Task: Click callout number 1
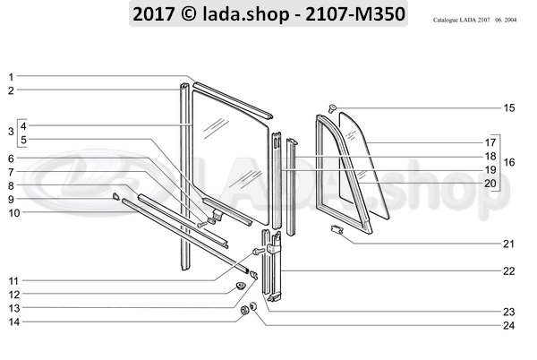click(11, 77)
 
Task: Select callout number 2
click(11, 90)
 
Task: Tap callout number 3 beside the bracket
click(10, 132)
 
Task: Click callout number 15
click(509, 108)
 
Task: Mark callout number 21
click(509, 244)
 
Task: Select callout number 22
click(509, 270)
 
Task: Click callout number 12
click(13, 294)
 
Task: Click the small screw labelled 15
click(331, 107)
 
